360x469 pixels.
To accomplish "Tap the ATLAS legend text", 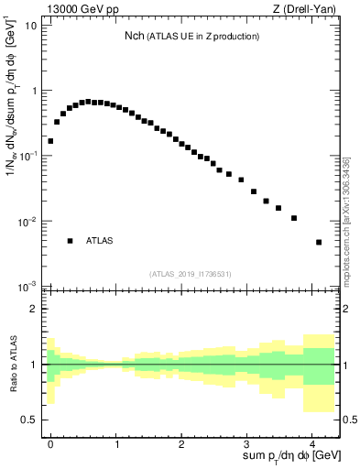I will click(99, 241).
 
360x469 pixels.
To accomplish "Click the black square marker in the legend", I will click(70, 241).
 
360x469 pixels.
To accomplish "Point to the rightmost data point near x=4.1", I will click(319, 242).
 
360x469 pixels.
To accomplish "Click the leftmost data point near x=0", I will click(50, 141).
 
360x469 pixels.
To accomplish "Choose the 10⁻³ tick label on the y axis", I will click(28, 287).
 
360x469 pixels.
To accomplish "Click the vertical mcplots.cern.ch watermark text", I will click(346, 220).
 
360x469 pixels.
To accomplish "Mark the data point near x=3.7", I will click(294, 218).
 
